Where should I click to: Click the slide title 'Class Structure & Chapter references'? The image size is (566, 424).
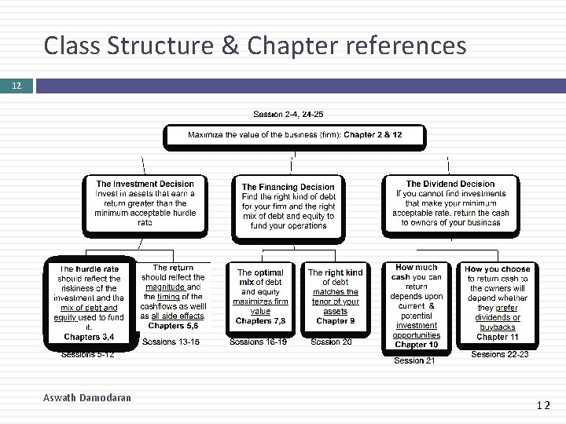255,46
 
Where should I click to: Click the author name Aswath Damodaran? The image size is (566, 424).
86,398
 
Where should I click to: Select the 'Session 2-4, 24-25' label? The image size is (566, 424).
289,115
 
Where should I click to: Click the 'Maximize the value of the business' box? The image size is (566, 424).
295,135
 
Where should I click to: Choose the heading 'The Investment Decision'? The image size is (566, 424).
145,184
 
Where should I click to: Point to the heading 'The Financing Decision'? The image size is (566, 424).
288,187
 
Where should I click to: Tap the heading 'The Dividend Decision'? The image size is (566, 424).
450,184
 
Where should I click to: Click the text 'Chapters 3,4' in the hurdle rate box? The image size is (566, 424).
89,337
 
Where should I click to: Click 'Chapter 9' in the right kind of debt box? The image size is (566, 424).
336,320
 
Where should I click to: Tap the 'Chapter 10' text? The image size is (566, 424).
417,345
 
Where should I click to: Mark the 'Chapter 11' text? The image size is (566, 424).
498,337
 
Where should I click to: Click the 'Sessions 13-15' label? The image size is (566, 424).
171,342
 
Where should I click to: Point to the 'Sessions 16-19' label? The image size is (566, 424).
259,342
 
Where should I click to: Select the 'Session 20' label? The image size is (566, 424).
331,342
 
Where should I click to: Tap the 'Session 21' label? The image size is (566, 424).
414,360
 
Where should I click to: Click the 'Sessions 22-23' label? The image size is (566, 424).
499,355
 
